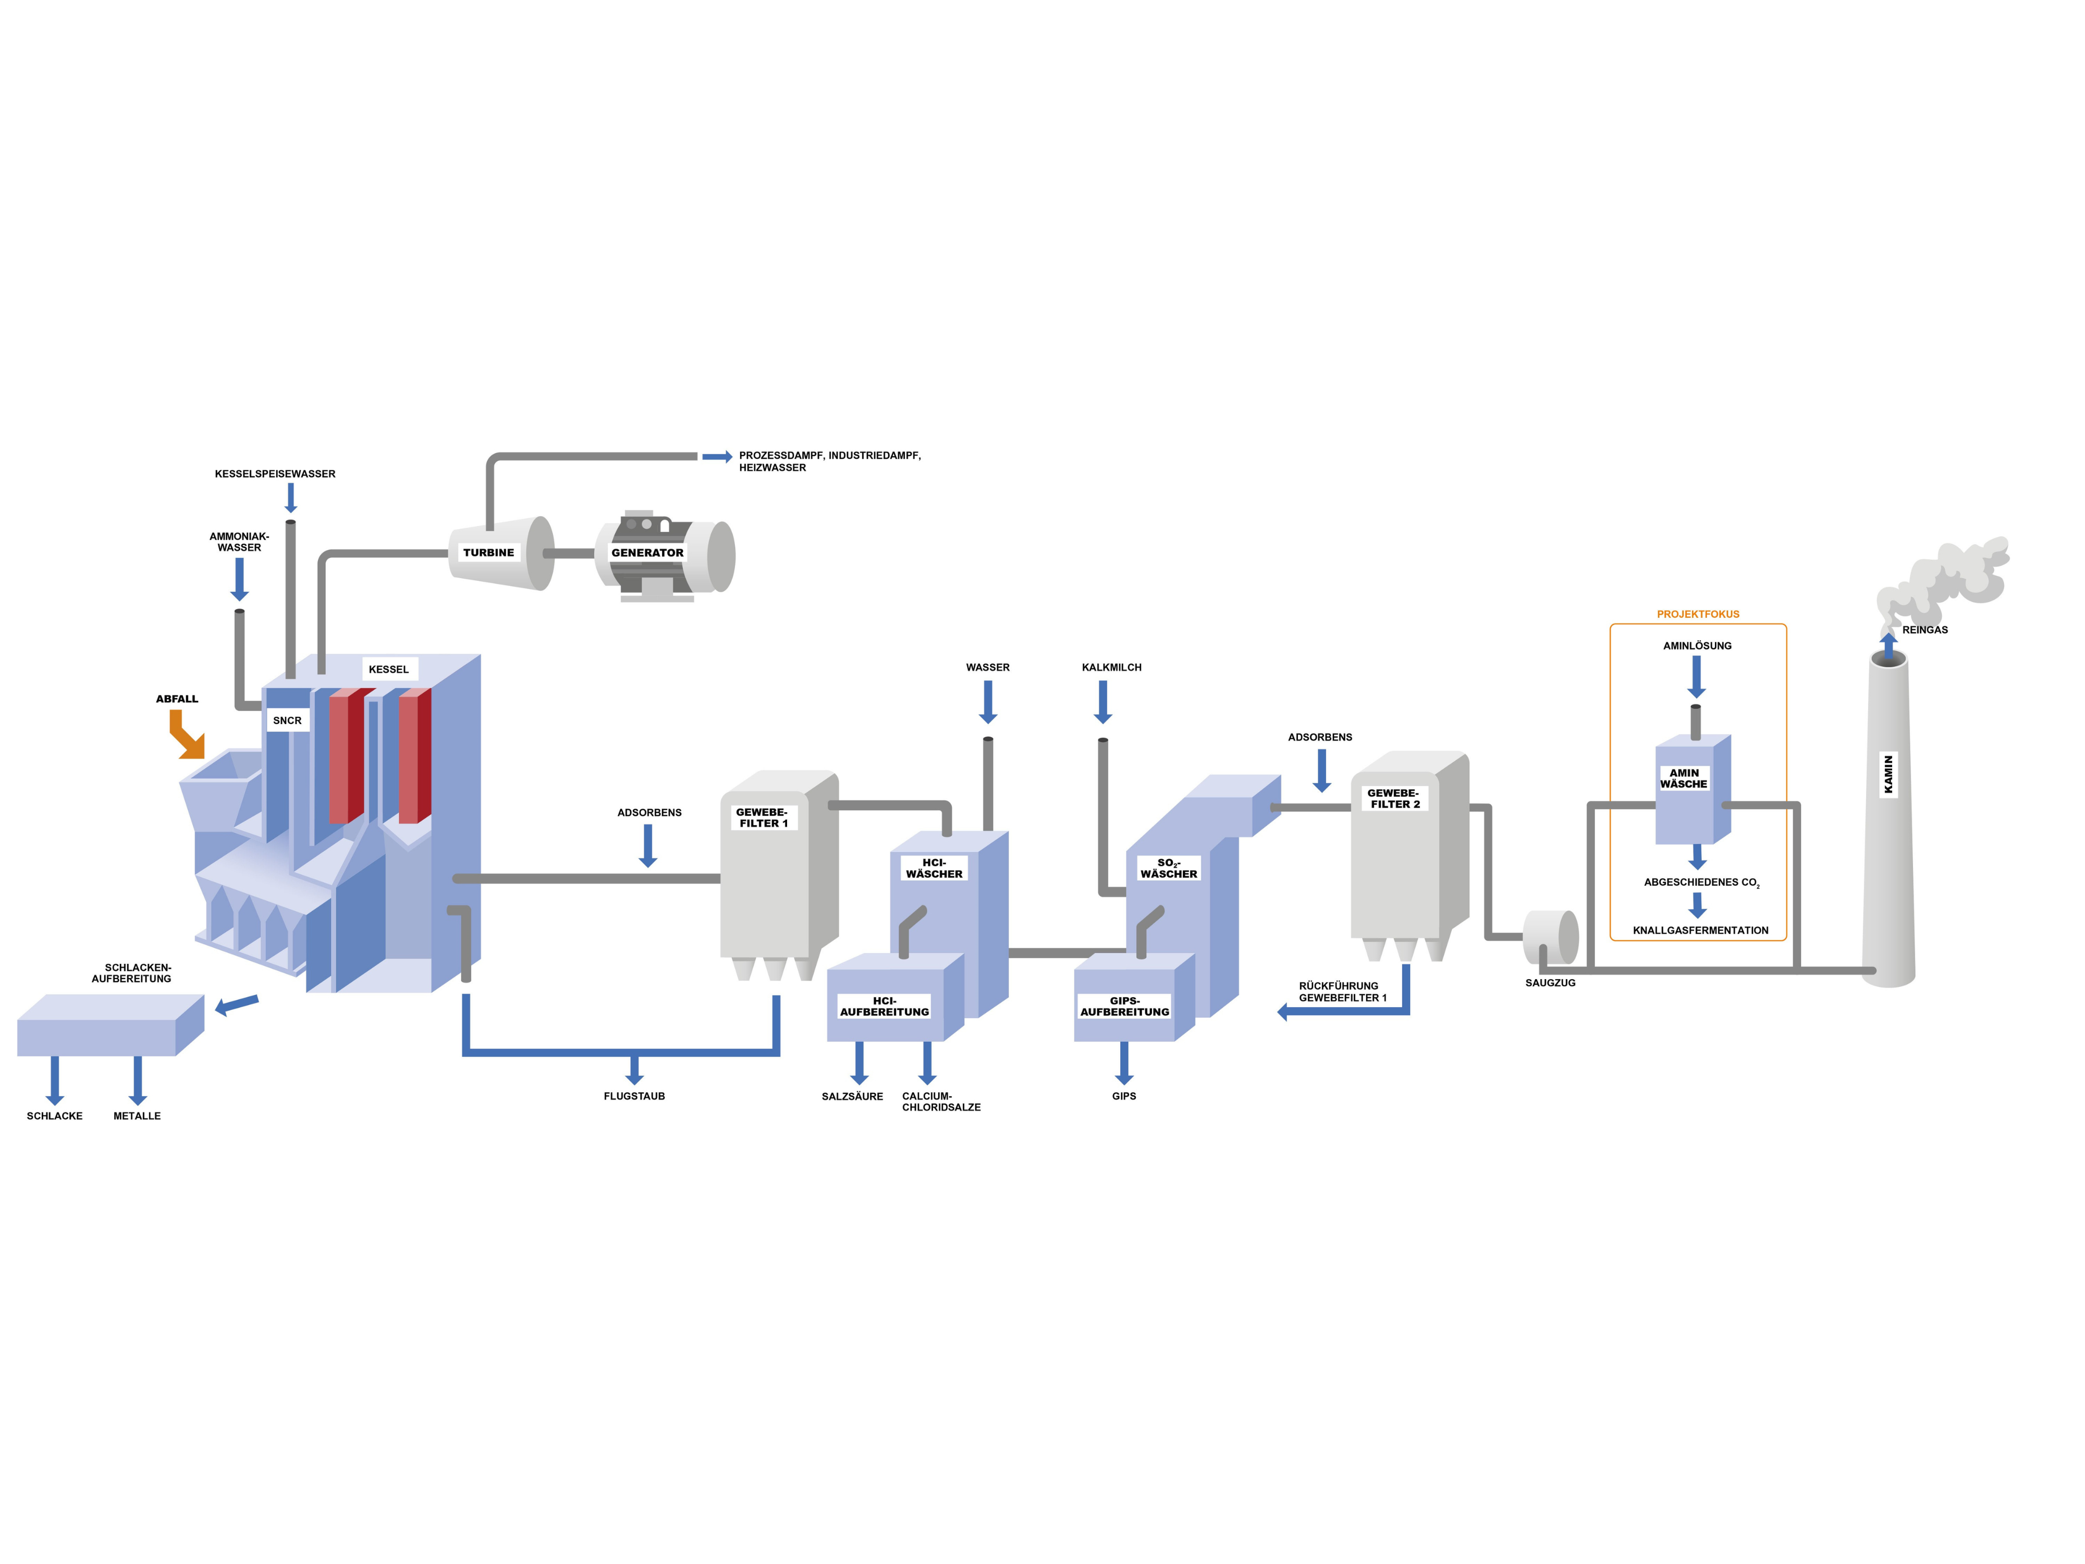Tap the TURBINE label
tap(488, 553)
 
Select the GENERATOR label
tap(647, 553)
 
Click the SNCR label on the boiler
tap(288, 720)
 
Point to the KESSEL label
tap(388, 669)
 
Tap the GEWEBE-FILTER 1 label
tap(763, 817)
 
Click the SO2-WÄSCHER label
tap(1168, 868)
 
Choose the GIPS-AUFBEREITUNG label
tap(1124, 1006)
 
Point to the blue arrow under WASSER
tap(988, 701)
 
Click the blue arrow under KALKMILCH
tap(1103, 701)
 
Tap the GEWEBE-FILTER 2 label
tap(1394, 799)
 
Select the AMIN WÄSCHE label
tap(1684, 778)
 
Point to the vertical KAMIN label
tap(1888, 774)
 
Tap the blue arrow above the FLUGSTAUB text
tap(634, 1069)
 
